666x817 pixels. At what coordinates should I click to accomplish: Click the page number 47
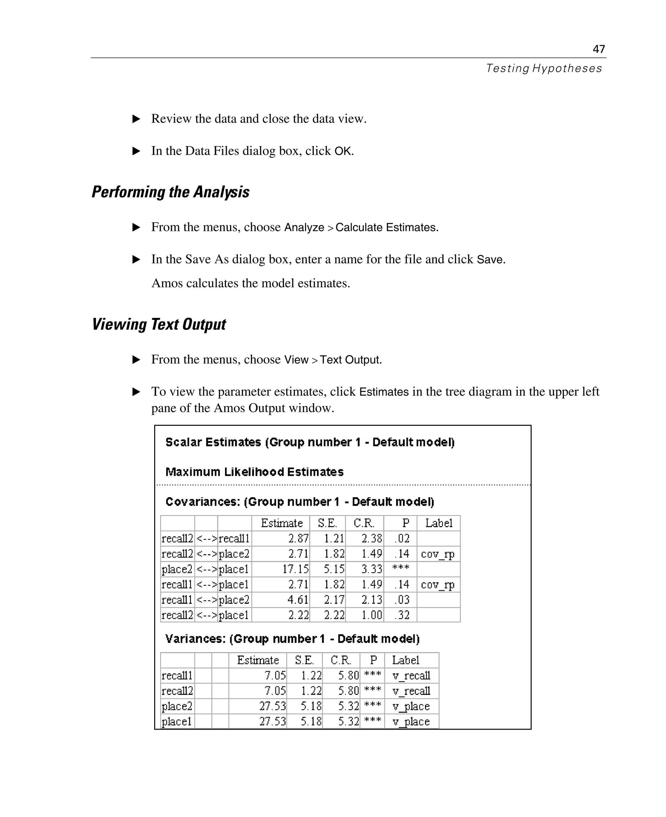point(598,49)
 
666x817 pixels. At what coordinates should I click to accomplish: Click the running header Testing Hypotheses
point(544,68)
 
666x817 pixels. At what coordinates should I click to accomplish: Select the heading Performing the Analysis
point(171,192)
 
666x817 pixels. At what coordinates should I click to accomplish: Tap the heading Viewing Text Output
point(159,324)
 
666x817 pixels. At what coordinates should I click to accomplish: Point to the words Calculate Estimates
point(386,227)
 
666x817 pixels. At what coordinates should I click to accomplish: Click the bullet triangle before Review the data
point(136,119)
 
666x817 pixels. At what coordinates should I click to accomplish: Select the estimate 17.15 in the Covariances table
point(295,569)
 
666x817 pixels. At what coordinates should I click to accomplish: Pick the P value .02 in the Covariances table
point(402,538)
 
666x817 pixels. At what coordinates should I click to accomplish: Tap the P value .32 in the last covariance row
point(402,615)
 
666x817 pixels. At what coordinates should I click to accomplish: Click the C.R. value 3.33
point(371,569)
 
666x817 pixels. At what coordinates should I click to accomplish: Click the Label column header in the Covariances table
point(438,523)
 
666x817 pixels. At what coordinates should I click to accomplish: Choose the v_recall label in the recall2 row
point(411,691)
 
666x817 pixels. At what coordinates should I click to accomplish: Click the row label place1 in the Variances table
point(177,721)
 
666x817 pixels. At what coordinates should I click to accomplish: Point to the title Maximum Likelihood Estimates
point(254,472)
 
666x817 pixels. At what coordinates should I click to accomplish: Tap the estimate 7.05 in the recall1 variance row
point(275,675)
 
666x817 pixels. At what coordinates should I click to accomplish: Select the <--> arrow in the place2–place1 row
point(206,569)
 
